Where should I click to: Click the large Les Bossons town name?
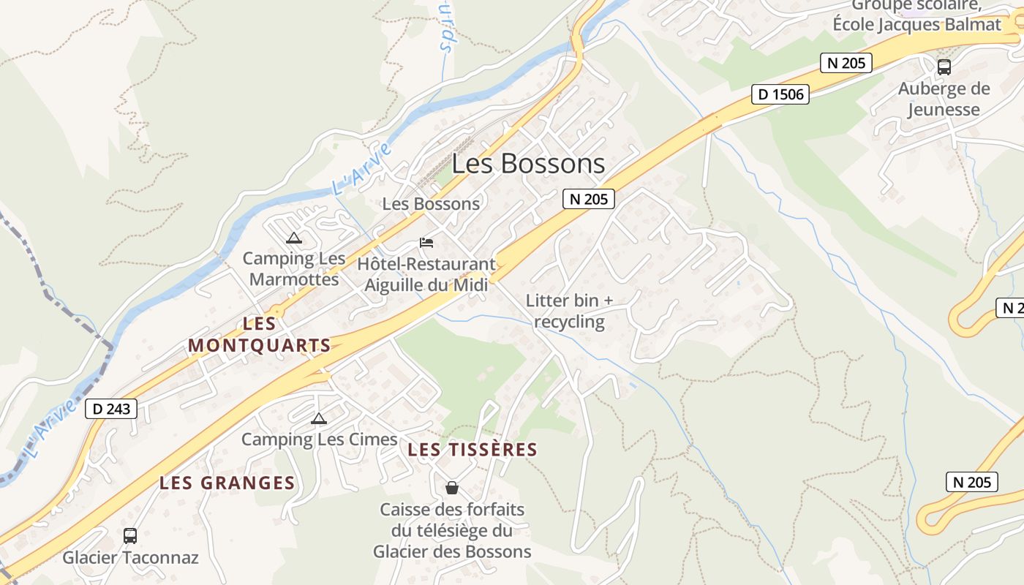pyautogui.click(x=528, y=164)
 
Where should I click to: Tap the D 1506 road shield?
pyautogui.click(x=780, y=94)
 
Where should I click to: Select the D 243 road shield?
pyautogui.click(x=111, y=409)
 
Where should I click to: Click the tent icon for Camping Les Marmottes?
pyautogui.click(x=294, y=238)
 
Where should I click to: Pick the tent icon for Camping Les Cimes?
pyautogui.click(x=318, y=418)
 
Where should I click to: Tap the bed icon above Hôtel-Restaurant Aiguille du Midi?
pyautogui.click(x=426, y=242)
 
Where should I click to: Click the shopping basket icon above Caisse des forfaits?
pyautogui.click(x=452, y=487)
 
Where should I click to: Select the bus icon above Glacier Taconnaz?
pyautogui.click(x=130, y=535)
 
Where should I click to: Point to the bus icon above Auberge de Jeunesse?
pyautogui.click(x=944, y=67)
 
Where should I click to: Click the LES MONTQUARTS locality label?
pyautogui.click(x=260, y=334)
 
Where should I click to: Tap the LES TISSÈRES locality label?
pyautogui.click(x=473, y=450)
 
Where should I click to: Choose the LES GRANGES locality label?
pyautogui.click(x=227, y=483)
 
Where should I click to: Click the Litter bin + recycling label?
pyautogui.click(x=569, y=311)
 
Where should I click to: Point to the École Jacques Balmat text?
pyautogui.click(x=916, y=24)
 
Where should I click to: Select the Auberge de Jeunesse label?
pyautogui.click(x=944, y=99)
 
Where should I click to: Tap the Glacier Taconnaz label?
pyautogui.click(x=130, y=557)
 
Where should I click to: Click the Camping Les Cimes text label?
pyautogui.click(x=319, y=439)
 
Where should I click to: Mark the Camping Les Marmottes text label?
pyautogui.click(x=294, y=268)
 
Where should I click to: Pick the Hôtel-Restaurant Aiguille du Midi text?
pyautogui.click(x=426, y=274)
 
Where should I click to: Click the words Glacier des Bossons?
pyautogui.click(x=452, y=551)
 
